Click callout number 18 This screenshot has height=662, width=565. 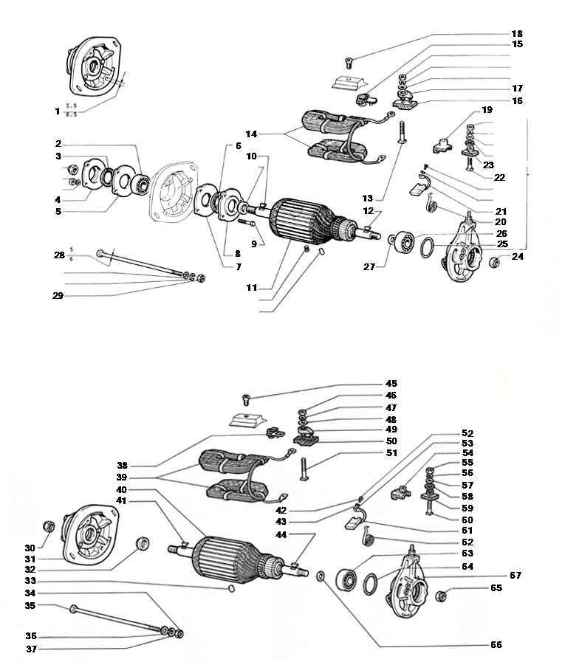(517, 34)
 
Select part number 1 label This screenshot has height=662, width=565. (57, 111)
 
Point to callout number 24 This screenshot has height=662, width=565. (516, 258)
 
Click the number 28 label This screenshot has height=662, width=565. (59, 255)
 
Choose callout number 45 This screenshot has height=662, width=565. (391, 384)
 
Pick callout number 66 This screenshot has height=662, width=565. (496, 644)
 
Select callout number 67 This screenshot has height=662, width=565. (516, 575)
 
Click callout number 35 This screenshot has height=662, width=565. (30, 605)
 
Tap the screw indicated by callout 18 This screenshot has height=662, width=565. (349, 61)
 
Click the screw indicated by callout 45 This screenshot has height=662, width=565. (247, 399)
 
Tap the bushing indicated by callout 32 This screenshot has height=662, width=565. (140, 545)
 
